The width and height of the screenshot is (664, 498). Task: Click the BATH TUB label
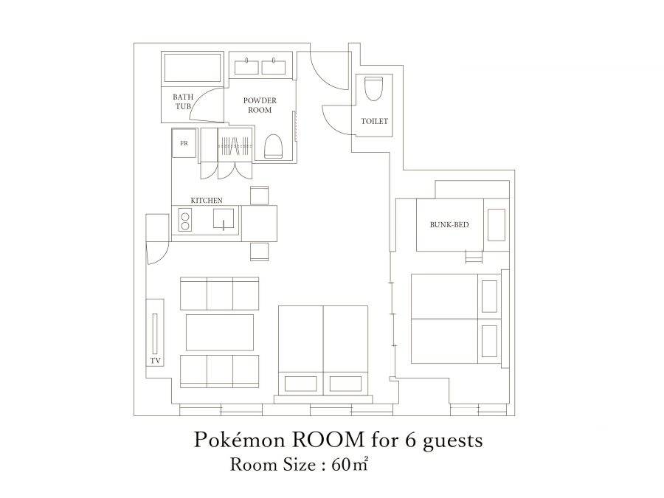point(183,102)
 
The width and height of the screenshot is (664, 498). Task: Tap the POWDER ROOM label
point(260,105)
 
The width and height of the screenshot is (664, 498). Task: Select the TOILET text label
point(374,121)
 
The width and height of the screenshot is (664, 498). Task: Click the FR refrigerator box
point(184,143)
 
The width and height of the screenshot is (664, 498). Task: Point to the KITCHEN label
point(207,200)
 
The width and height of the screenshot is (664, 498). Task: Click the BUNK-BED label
point(449,224)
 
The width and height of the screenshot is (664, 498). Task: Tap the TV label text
point(156,361)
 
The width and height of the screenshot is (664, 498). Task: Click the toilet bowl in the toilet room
point(373,88)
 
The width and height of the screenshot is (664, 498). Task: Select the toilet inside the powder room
point(273,147)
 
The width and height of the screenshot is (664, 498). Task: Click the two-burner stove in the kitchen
point(185,221)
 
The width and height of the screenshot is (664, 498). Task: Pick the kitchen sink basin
point(223,219)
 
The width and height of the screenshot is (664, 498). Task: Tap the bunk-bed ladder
point(474,257)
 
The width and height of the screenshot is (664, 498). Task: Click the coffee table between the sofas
point(220,333)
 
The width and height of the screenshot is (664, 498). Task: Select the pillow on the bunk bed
point(497,224)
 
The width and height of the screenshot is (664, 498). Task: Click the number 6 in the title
point(411,440)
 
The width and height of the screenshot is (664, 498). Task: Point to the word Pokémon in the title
point(239,440)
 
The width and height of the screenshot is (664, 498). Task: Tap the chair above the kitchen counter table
point(260,196)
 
